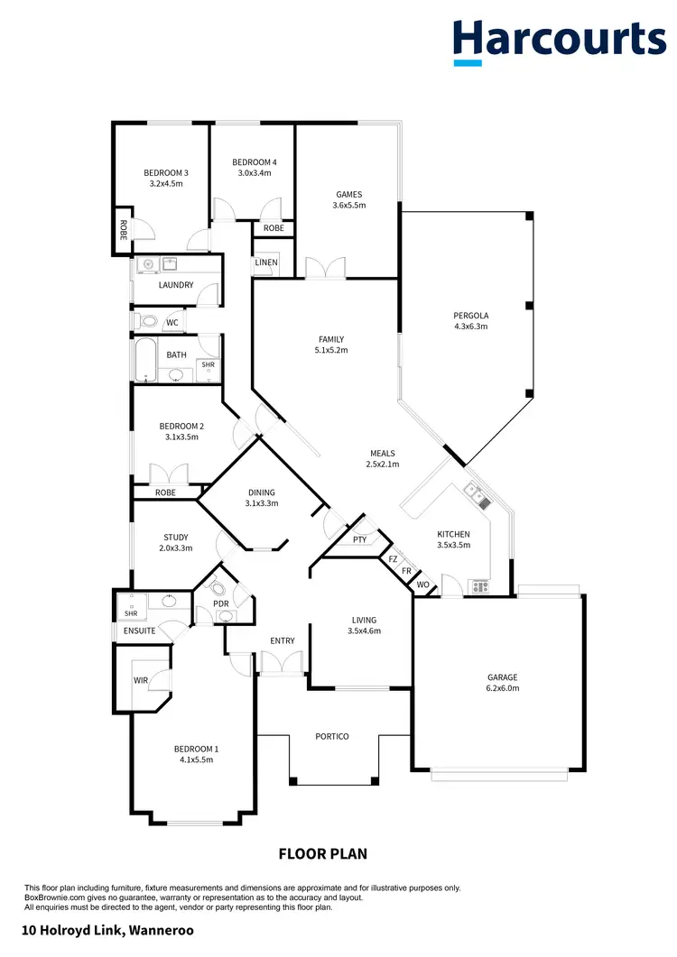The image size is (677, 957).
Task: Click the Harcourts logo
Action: [x=559, y=41]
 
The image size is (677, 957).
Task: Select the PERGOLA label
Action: [x=470, y=316]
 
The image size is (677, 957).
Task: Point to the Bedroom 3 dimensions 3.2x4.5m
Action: [x=166, y=183]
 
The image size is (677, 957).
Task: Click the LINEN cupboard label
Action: [x=266, y=262]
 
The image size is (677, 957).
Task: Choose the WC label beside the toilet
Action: [x=172, y=322]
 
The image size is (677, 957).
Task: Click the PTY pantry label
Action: [x=359, y=539]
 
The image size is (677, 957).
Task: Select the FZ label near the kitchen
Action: [x=393, y=559]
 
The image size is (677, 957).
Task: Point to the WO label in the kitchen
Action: [x=422, y=584]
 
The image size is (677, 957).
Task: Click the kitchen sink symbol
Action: [x=475, y=495]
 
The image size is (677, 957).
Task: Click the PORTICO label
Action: [x=332, y=736]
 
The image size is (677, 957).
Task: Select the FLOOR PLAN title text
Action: [x=322, y=853]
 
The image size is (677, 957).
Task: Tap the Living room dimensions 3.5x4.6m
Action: [x=365, y=631]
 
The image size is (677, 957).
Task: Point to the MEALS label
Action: [x=383, y=454]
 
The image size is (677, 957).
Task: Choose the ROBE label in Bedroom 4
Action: [x=274, y=228]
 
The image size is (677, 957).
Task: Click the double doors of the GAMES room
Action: [x=325, y=269]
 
